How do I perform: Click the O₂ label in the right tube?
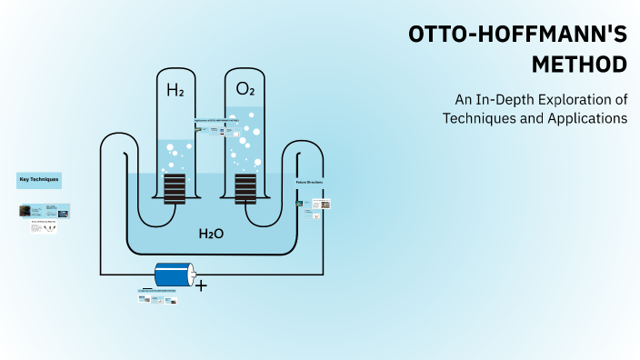point(245,89)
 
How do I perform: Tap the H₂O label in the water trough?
point(211,234)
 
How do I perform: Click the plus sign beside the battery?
point(202,285)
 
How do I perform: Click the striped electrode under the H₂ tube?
point(175,188)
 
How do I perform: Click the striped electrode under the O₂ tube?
point(245,188)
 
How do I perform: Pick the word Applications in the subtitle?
point(587,118)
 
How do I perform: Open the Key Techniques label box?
point(39,180)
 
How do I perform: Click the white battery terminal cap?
point(191,275)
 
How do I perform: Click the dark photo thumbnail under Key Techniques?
point(25,211)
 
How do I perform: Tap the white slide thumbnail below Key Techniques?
point(43,227)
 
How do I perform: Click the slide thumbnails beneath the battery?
point(157,298)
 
